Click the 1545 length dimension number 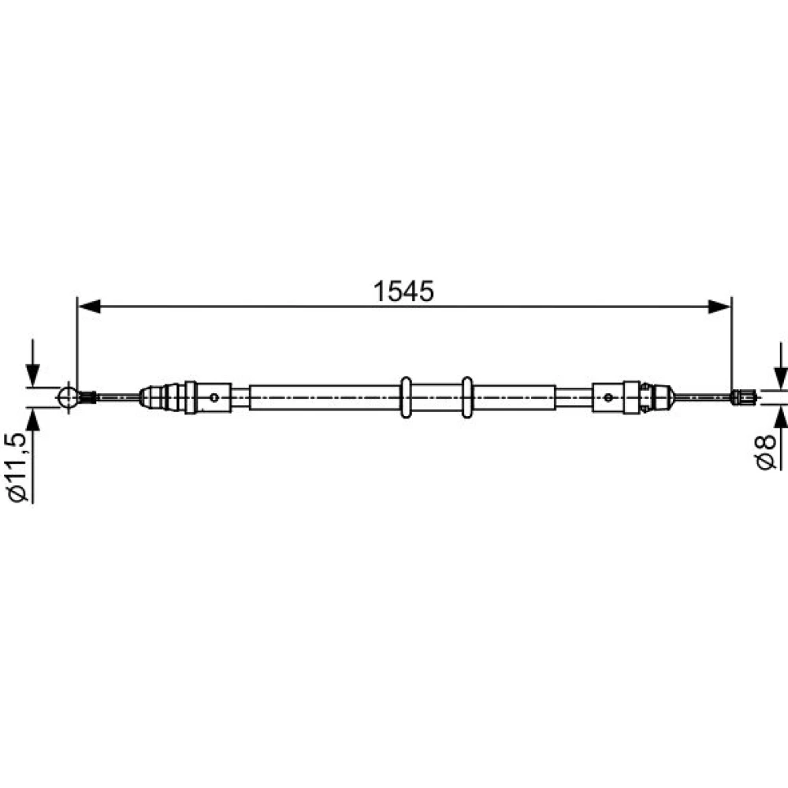(x=403, y=292)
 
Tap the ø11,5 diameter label (x=17, y=466)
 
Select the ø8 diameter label (x=766, y=452)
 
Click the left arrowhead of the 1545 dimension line (x=90, y=306)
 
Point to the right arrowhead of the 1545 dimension (x=719, y=306)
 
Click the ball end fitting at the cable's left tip (x=68, y=397)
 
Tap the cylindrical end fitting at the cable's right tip (x=745, y=397)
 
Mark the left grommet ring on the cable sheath (x=406, y=397)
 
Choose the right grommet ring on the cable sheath (x=466, y=397)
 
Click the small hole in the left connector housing (x=214, y=397)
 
